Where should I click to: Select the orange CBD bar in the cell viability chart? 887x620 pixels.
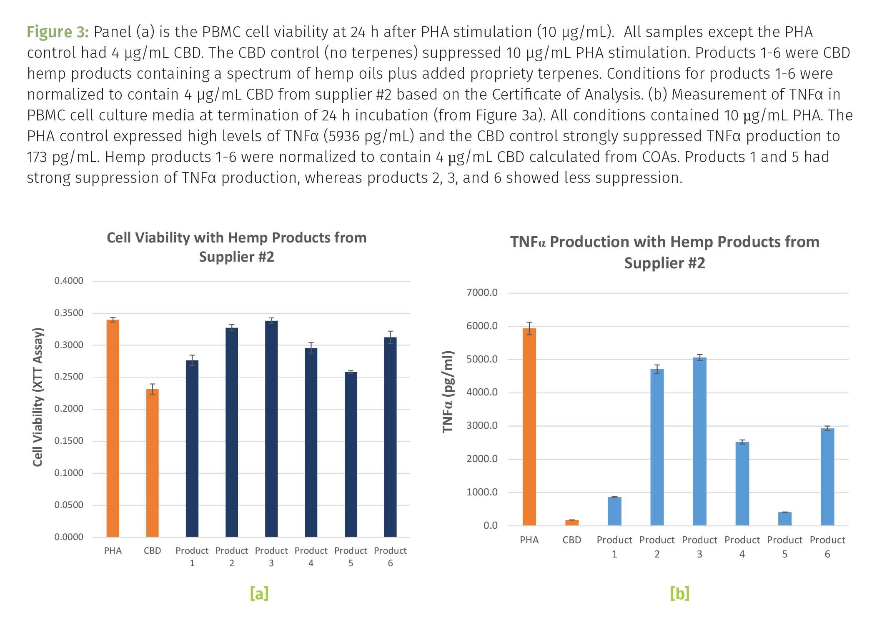[152, 462]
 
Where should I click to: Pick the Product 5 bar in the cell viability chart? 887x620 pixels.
[351, 454]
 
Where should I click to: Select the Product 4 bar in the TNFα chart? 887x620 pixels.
[742, 483]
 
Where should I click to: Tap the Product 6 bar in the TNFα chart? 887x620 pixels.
[827, 477]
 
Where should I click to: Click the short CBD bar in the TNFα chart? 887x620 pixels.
[572, 522]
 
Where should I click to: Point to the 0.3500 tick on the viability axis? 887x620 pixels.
[69, 313]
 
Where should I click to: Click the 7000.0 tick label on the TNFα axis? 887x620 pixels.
[482, 292]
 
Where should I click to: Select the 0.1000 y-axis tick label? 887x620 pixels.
[69, 473]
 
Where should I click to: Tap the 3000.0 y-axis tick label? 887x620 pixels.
[482, 425]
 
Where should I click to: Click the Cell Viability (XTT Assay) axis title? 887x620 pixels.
[38, 397]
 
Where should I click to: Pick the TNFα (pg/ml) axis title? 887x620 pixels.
[448, 392]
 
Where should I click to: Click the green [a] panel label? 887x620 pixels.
[259, 593]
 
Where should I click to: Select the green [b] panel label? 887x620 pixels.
[679, 593]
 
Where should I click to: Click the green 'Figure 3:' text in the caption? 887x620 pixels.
[58, 32]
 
